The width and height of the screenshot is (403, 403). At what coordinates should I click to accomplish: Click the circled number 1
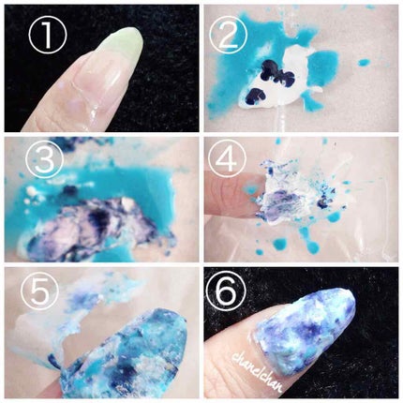pos(48,35)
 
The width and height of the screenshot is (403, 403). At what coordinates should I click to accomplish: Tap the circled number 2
pos(228,35)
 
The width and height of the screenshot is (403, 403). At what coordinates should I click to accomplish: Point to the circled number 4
pos(227,158)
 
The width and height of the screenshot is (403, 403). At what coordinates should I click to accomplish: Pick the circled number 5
pos(40,293)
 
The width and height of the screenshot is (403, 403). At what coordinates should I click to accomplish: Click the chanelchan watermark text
pos(258,371)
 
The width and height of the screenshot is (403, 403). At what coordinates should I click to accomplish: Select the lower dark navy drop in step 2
pos(254,97)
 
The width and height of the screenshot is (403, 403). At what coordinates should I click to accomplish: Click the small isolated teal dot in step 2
pos(363,63)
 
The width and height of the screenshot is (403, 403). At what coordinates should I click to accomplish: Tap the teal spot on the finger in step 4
pos(251,189)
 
